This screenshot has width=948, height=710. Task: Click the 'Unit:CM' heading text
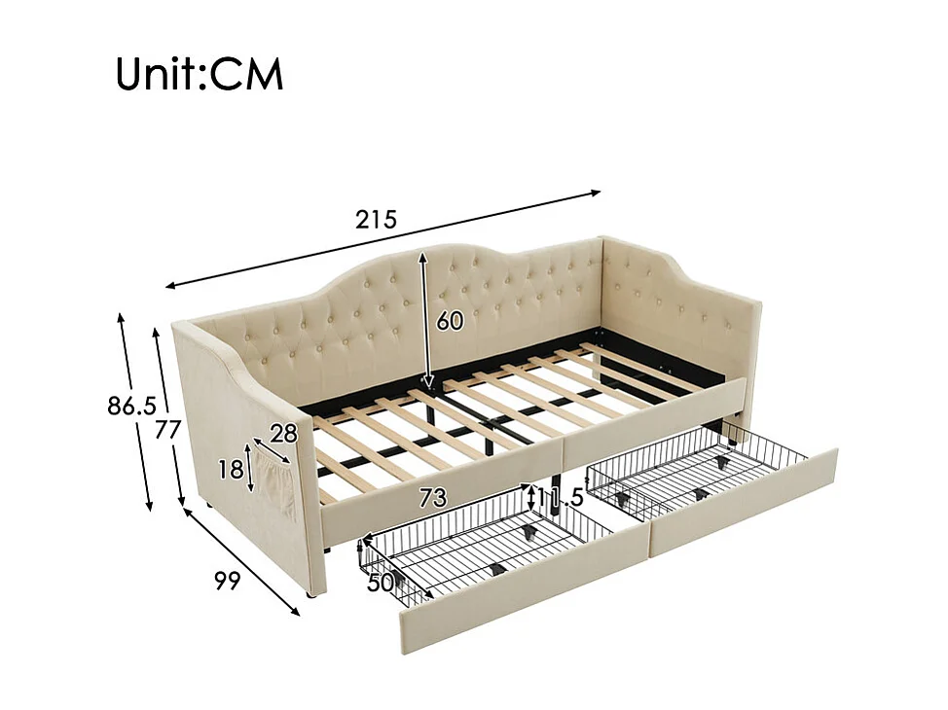point(200,74)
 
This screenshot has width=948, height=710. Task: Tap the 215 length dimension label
point(376,220)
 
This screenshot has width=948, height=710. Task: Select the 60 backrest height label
point(450,321)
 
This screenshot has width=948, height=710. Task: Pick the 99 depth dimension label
point(227,581)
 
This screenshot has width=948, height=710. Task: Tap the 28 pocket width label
point(283,435)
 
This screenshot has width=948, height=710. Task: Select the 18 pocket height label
point(231,470)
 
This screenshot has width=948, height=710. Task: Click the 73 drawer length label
point(432,499)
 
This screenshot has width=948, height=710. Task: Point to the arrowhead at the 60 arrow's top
point(423,256)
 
